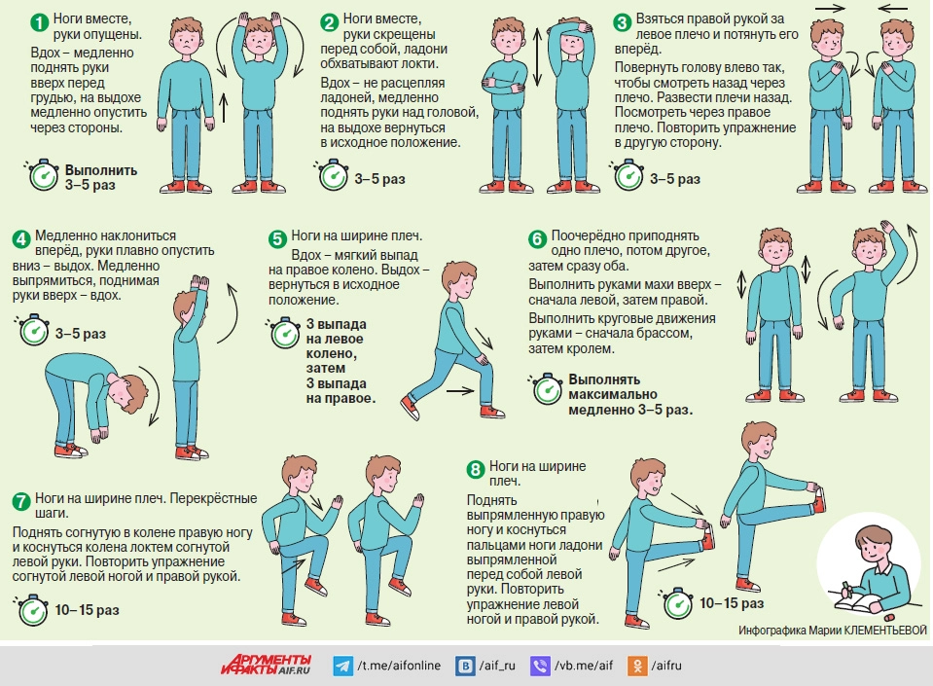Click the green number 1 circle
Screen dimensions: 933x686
coord(39,23)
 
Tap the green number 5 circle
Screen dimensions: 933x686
coord(277,239)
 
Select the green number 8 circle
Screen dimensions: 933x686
coord(476,470)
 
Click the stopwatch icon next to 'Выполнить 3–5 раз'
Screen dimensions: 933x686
coord(42,175)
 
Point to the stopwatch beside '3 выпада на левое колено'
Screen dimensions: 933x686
coord(283,333)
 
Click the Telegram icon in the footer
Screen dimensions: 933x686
coord(342,666)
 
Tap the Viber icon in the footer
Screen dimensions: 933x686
coord(540,666)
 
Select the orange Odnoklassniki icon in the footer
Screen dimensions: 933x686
coord(636,666)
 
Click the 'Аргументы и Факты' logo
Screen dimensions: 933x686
coord(266,665)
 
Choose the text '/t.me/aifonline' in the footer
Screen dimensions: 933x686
coord(399,666)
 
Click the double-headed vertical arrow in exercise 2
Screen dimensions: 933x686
coord(538,57)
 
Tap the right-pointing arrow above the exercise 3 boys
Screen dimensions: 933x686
coord(830,9)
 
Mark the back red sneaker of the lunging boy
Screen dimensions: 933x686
coord(410,408)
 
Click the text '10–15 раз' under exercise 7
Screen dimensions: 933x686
coord(87,610)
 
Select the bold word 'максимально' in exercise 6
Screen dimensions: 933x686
coord(613,394)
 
